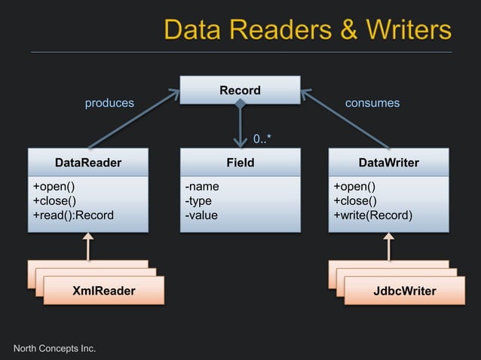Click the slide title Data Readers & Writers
(308, 30)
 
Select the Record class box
(240, 91)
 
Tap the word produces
(109, 103)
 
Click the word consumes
(372, 103)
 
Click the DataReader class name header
(88, 163)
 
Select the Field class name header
(240, 163)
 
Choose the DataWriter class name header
(388, 163)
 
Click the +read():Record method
(73, 215)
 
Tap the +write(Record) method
(373, 215)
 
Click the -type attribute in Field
(198, 201)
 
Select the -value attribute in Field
(201, 215)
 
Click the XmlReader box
(103, 291)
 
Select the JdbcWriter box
(404, 291)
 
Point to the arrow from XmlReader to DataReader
(88, 246)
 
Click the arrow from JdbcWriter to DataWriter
(389, 246)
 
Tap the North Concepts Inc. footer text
(55, 347)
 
